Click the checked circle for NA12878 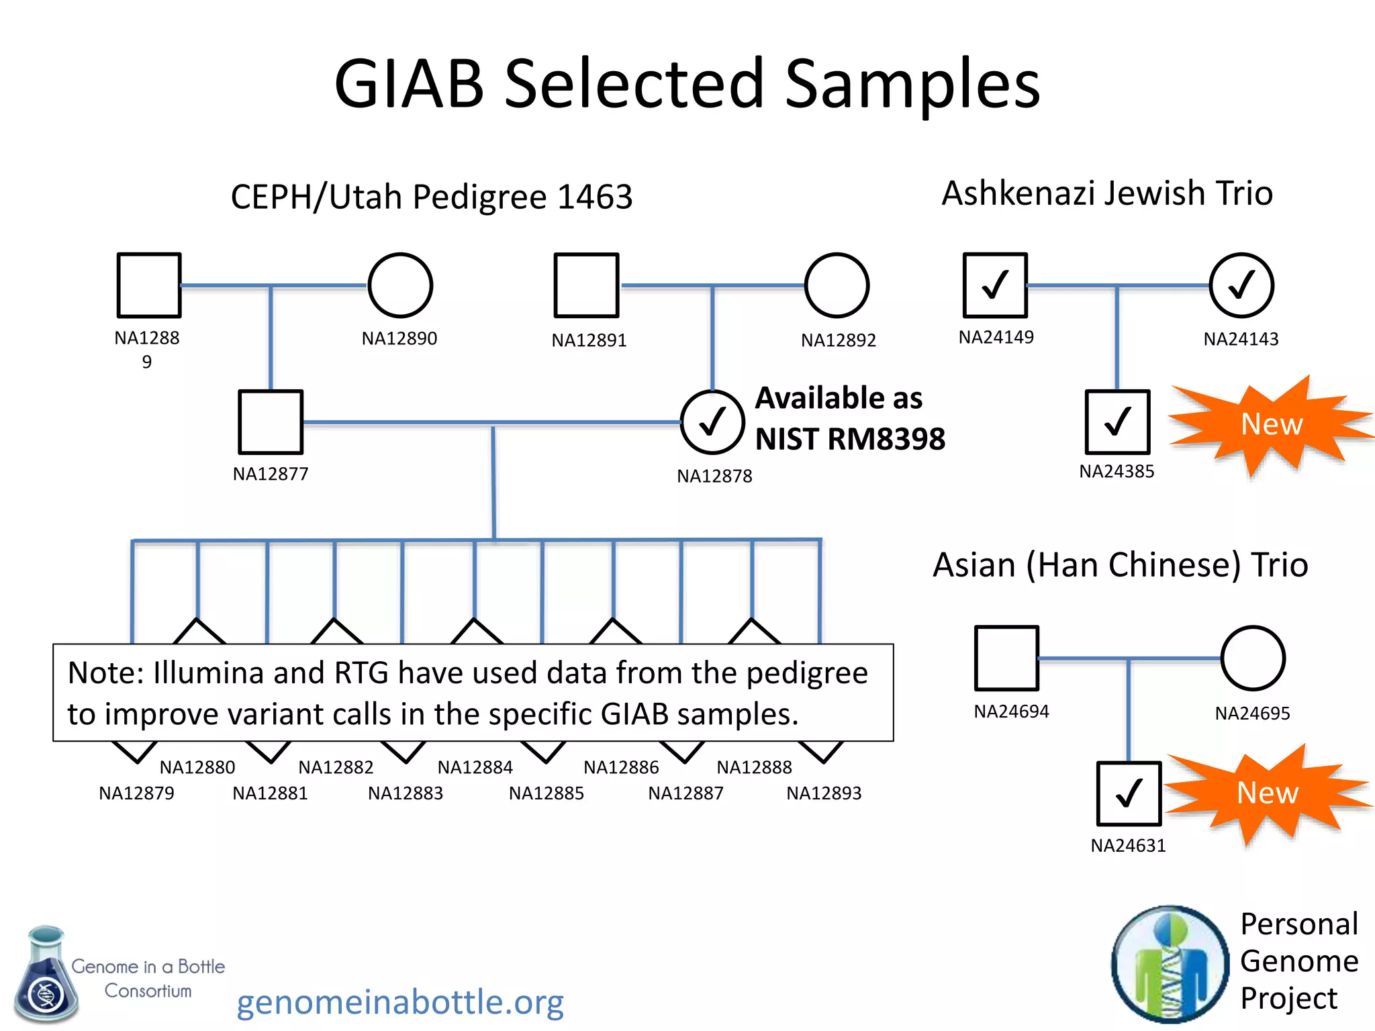point(712,422)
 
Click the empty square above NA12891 point(586,285)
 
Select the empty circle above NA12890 point(400,285)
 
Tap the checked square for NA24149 point(995,285)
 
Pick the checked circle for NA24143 point(1241,285)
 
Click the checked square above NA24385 point(1117,422)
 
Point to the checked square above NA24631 point(1129,793)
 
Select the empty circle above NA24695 point(1253,658)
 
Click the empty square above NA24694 point(1006,658)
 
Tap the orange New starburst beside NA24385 point(1271,424)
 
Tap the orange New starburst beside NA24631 point(1267,793)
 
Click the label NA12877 point(271,474)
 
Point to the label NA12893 point(824,793)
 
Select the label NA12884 point(475,767)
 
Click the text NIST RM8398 point(850,439)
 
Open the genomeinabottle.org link point(400,1002)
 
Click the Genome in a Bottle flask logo point(46,975)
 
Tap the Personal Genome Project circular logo point(1170,964)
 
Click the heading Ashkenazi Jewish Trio point(1107,193)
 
